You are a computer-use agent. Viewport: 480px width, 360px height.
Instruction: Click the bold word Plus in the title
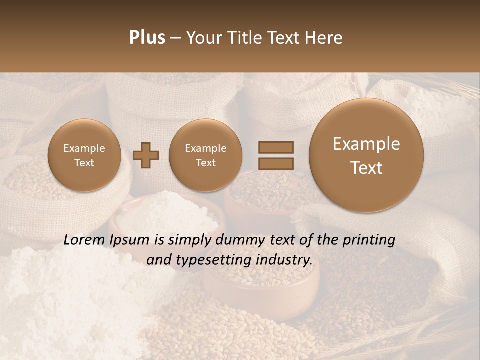click(x=147, y=38)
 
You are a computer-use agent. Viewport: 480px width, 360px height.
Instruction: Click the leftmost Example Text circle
click(x=84, y=155)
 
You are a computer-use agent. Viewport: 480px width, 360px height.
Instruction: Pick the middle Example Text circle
click(x=205, y=155)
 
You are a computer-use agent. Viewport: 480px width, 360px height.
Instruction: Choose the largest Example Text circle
click(x=366, y=155)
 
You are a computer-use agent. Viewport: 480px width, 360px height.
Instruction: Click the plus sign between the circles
click(x=146, y=155)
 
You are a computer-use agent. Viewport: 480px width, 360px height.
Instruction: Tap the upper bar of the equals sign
click(x=276, y=147)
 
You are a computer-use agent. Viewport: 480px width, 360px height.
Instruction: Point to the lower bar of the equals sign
click(x=276, y=163)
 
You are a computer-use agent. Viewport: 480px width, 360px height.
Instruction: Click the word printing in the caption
click(x=368, y=240)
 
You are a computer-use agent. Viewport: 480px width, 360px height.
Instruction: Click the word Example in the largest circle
click(x=366, y=144)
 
